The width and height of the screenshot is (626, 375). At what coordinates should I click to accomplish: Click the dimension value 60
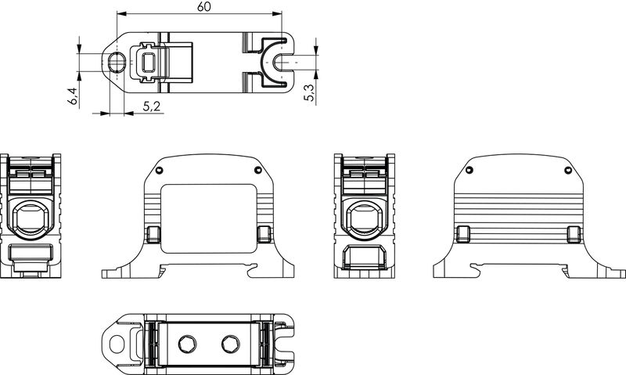click(203, 7)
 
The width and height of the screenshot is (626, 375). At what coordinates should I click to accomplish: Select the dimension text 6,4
click(73, 96)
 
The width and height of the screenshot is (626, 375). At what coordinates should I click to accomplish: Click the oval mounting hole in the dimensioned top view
click(117, 62)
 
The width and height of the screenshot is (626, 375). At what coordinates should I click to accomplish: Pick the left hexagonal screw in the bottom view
click(187, 343)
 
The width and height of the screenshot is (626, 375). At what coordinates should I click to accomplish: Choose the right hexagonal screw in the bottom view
click(229, 343)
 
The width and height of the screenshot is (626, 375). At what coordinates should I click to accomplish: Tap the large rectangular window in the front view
click(208, 218)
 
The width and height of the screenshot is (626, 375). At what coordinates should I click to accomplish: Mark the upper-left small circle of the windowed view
click(159, 170)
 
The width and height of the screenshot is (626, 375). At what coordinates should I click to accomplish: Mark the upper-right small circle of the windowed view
click(257, 170)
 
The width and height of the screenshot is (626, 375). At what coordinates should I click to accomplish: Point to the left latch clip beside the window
click(153, 234)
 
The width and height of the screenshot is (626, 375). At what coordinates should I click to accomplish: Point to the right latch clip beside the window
click(263, 234)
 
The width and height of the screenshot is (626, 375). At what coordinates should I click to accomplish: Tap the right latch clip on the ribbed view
click(575, 234)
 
